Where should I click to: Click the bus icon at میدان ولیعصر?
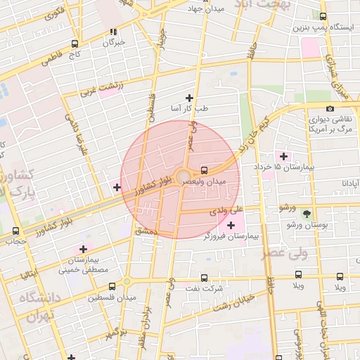(x=204, y=170)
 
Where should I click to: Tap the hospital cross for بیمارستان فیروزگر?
(x=231, y=225)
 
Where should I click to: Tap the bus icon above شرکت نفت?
(x=205, y=278)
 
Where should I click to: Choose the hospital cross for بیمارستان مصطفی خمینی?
(x=84, y=249)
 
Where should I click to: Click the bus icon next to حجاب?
(x=15, y=231)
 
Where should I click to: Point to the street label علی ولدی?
(x=231, y=209)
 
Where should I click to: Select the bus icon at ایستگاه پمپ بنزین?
(x=323, y=16)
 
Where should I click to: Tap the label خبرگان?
(x=113, y=43)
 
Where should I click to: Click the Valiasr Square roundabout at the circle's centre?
(x=181, y=176)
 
